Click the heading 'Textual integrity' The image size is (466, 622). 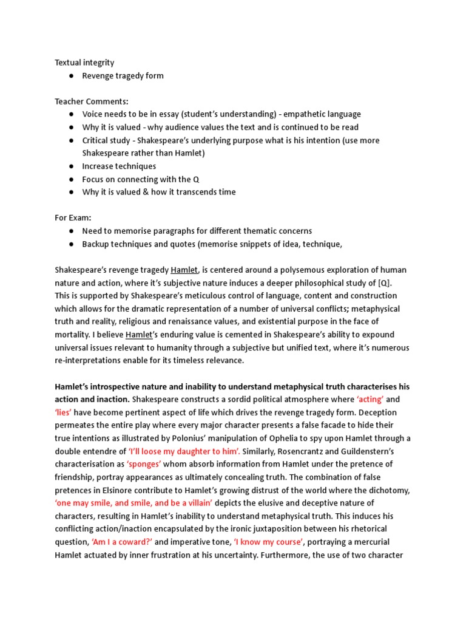84,63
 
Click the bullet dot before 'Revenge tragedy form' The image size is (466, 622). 72,76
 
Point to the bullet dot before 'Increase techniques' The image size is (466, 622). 72,166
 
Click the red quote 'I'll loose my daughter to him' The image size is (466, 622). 184,451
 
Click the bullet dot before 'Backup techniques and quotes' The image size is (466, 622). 72,244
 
